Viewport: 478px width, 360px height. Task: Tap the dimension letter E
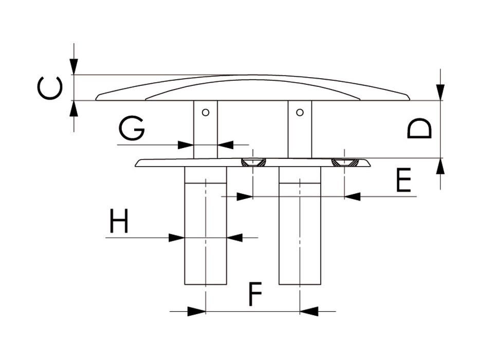click(403, 180)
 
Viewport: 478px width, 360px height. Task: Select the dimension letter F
click(255, 294)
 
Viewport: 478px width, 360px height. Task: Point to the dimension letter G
click(132, 129)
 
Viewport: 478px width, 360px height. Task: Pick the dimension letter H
click(119, 221)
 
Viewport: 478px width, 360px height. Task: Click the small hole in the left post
click(206, 113)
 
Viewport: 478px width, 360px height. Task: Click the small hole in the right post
click(300, 113)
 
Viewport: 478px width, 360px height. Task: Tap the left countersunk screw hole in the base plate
click(253, 163)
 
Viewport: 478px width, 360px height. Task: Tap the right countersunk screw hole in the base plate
click(344, 163)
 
